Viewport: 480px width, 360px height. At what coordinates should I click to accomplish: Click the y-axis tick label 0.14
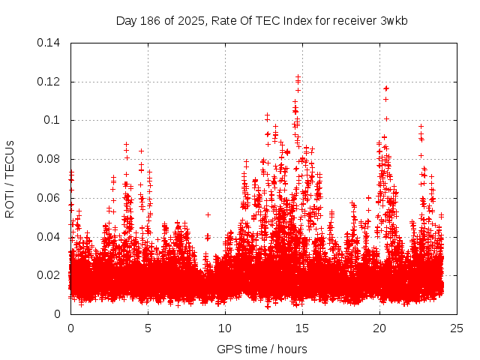click(x=50, y=43)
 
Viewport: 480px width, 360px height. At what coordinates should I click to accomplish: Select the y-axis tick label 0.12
click(x=50, y=82)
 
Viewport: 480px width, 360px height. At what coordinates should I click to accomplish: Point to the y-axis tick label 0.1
click(x=53, y=120)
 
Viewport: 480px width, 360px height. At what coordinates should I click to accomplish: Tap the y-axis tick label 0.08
click(x=50, y=159)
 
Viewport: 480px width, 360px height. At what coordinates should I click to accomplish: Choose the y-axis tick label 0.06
click(x=50, y=198)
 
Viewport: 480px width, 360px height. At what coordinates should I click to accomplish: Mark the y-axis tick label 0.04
click(x=50, y=237)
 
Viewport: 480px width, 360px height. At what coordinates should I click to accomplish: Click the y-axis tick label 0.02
click(x=50, y=275)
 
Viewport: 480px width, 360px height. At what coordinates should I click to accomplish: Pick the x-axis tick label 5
click(x=148, y=328)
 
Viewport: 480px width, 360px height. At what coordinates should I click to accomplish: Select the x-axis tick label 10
click(x=225, y=328)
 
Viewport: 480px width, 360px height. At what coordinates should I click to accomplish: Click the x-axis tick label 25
click(x=457, y=328)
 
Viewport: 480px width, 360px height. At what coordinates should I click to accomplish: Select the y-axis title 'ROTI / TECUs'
click(x=10, y=178)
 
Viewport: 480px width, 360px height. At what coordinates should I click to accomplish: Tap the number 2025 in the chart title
click(x=190, y=20)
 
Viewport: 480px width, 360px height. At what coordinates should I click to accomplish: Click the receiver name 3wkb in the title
click(x=394, y=20)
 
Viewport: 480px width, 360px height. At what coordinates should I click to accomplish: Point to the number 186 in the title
click(x=150, y=20)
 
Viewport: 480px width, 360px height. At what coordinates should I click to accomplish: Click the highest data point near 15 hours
click(x=298, y=76)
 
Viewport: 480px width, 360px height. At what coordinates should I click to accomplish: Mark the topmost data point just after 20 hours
click(x=386, y=88)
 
